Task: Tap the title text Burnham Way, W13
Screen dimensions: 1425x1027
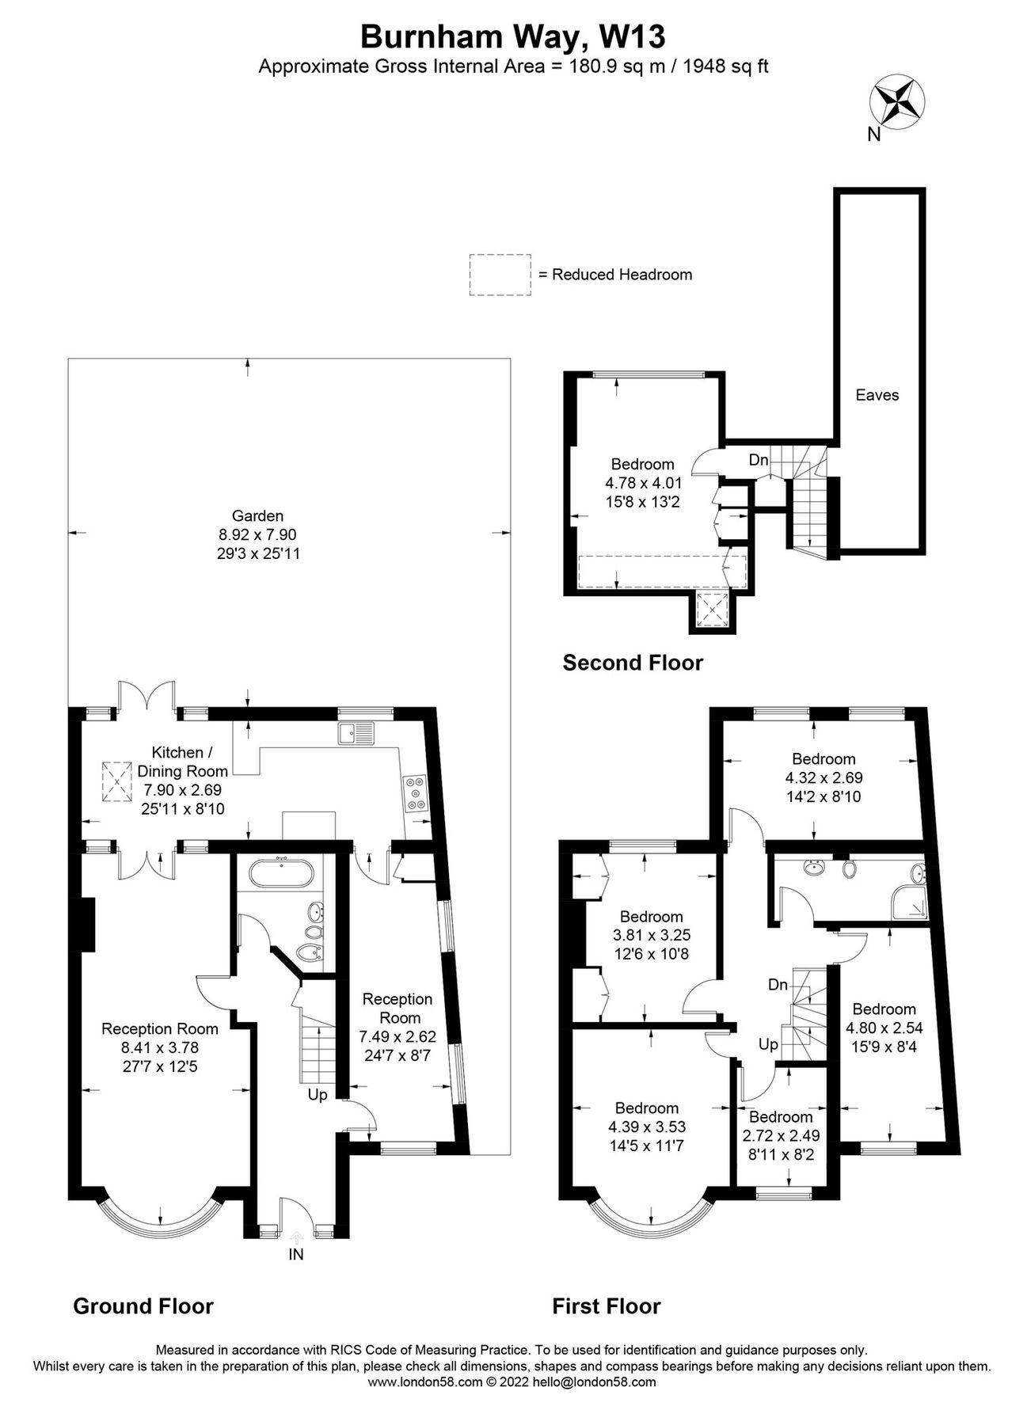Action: point(512,36)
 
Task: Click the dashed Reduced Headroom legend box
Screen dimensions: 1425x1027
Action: point(500,275)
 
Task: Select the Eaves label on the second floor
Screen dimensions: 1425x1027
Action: point(877,395)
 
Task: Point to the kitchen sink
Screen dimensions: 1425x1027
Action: point(356,733)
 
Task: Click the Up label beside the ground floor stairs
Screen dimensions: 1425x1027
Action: point(318,1096)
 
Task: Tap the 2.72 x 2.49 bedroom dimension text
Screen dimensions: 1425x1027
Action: point(781,1134)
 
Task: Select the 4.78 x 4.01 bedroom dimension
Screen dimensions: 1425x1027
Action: point(643,482)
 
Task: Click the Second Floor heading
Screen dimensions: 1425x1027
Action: point(632,662)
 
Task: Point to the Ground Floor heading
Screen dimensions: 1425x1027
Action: point(143,1305)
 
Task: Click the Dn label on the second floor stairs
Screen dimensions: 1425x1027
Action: point(758,460)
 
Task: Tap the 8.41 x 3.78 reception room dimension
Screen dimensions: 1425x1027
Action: point(160,1047)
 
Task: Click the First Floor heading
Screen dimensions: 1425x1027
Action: point(606,1305)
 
